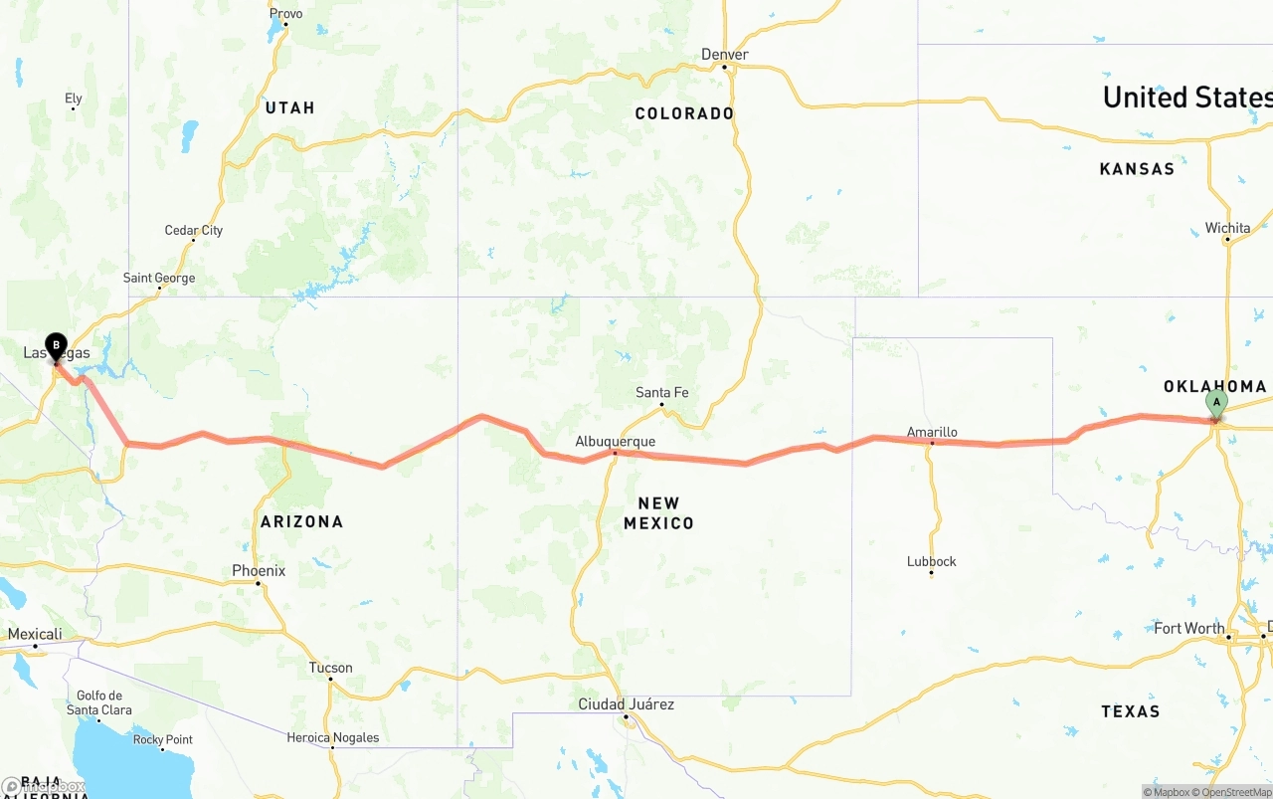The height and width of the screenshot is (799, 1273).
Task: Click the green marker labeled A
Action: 1215,403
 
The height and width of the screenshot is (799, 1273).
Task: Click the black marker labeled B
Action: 56,346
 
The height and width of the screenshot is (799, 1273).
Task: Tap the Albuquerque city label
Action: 615,441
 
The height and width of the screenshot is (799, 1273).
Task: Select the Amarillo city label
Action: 932,432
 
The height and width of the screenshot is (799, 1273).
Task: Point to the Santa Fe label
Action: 661,393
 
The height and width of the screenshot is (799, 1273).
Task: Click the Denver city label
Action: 724,55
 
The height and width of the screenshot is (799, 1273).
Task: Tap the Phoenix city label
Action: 259,571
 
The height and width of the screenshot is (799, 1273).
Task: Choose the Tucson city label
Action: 331,668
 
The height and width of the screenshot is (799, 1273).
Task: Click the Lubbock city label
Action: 932,562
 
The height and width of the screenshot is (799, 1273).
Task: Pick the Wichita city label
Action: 1227,228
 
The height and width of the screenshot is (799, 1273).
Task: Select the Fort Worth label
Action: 1189,629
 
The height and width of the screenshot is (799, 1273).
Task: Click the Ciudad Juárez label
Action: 627,704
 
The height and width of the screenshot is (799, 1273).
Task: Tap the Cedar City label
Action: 193,231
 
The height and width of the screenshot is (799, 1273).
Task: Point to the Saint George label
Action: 159,279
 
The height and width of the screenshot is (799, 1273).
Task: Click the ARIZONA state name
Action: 301,521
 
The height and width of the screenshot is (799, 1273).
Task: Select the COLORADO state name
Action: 684,113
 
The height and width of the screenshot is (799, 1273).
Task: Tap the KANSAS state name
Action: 1137,169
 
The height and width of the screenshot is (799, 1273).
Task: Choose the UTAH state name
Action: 289,107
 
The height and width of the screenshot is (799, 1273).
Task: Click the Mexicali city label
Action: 35,635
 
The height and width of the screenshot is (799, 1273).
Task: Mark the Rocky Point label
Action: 163,739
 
